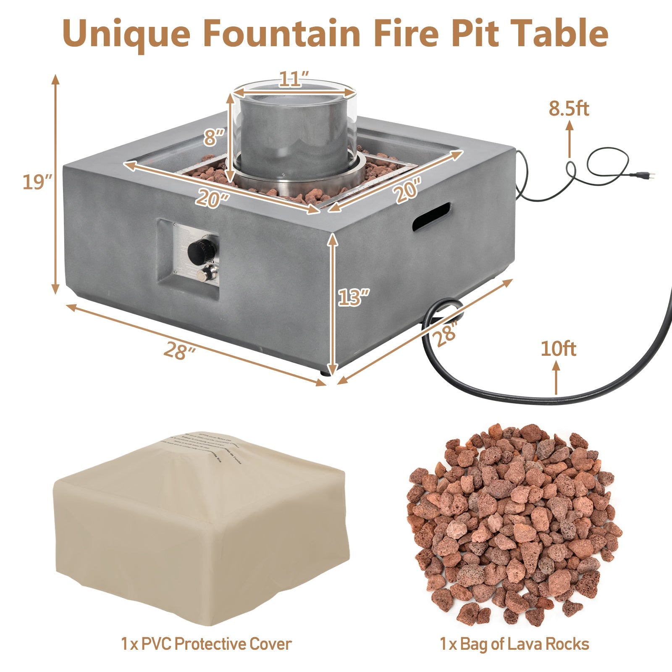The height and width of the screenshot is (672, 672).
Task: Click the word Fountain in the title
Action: (282, 33)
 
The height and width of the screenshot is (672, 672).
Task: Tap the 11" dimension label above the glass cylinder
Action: (294, 79)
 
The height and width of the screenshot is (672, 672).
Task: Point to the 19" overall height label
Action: (37, 183)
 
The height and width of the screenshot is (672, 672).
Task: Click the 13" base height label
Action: (354, 297)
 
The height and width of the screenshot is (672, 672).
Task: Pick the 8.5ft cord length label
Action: (569, 109)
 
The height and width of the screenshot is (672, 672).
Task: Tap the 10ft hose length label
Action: (558, 349)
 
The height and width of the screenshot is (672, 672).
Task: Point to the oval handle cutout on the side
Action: (431, 216)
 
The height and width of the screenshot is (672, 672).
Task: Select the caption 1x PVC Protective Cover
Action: (206, 644)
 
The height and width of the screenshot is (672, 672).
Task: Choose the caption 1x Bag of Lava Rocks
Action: (514, 644)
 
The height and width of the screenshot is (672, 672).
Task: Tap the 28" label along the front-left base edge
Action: (179, 350)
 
